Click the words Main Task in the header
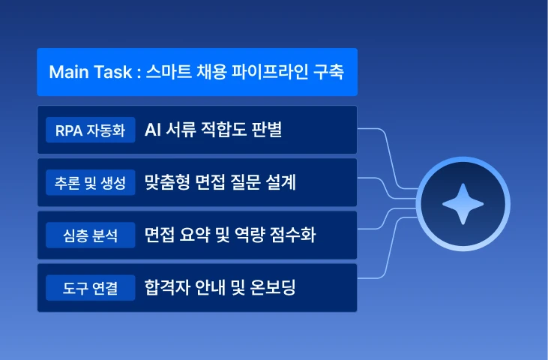[x=91, y=72]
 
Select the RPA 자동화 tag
[x=90, y=130]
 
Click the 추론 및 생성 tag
[x=90, y=182]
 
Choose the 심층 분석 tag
[x=90, y=235]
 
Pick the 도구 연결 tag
[x=90, y=288]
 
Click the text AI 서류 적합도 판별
[x=213, y=130]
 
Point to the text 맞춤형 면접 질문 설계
[x=220, y=182]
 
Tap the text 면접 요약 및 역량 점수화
[x=230, y=235]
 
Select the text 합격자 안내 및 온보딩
[x=220, y=287]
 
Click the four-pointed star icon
[x=463, y=204]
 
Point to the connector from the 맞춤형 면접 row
[x=387, y=189]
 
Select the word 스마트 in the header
[x=169, y=72]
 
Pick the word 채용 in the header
[x=212, y=72]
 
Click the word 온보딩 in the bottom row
[x=273, y=287]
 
